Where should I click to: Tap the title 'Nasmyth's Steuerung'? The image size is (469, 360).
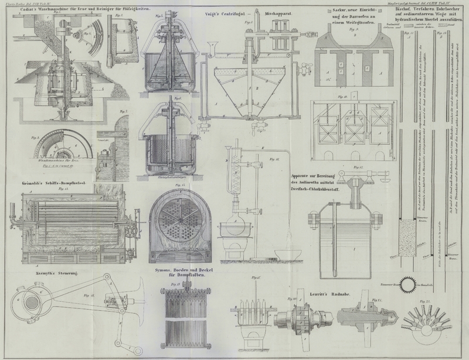coord(35,274)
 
